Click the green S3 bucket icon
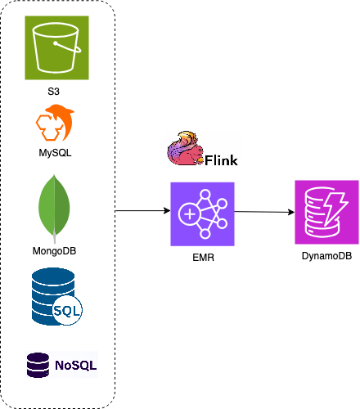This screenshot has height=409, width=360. [56, 47]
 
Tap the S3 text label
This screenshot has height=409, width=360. [53, 92]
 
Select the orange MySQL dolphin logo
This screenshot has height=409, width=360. [55, 123]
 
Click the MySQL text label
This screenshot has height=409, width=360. [55, 153]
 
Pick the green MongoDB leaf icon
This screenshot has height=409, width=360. [54, 209]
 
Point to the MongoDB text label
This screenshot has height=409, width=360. [54, 251]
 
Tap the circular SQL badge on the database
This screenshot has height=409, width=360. [67, 311]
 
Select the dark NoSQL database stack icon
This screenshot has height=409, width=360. [38, 365]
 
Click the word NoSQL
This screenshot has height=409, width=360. [76, 366]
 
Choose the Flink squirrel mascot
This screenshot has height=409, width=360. [186, 148]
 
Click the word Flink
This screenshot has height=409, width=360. [221, 160]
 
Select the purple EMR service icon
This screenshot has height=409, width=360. [202, 214]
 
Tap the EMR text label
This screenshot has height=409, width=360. [203, 258]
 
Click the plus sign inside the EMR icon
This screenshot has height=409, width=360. [190, 214]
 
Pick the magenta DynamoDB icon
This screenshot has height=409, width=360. [326, 212]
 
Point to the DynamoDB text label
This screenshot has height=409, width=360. [326, 256]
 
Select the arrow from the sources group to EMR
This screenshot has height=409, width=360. [143, 211]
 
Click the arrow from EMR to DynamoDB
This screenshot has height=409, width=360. [264, 212]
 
